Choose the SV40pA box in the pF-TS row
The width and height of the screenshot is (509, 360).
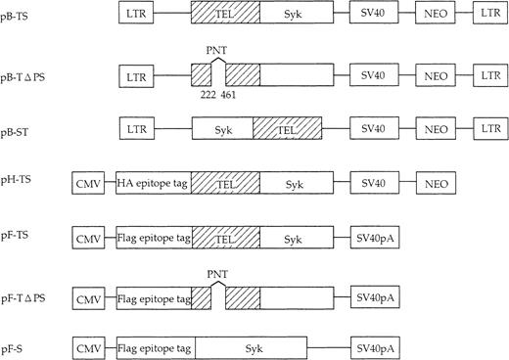(x=377, y=238)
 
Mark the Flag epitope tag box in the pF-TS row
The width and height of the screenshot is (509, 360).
(x=153, y=238)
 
